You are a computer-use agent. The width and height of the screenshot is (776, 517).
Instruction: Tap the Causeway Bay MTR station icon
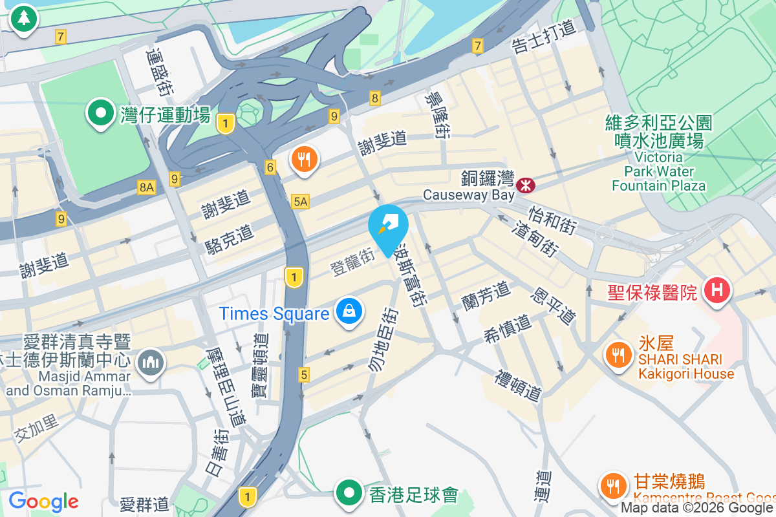click(526, 185)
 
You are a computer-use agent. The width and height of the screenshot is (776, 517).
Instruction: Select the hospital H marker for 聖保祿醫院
click(717, 290)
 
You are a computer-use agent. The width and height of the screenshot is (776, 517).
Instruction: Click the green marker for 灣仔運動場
click(101, 114)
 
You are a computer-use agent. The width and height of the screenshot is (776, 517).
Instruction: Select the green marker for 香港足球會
click(350, 493)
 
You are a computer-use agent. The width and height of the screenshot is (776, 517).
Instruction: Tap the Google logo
click(43, 501)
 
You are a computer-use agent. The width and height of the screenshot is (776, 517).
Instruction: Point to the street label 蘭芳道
click(486, 294)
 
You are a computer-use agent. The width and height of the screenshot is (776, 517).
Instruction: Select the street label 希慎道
click(507, 328)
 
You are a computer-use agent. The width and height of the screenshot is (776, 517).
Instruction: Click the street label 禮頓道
click(518, 385)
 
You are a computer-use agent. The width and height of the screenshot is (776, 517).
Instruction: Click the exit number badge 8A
click(147, 187)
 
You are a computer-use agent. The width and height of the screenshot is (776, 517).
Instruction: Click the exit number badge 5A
click(301, 202)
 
